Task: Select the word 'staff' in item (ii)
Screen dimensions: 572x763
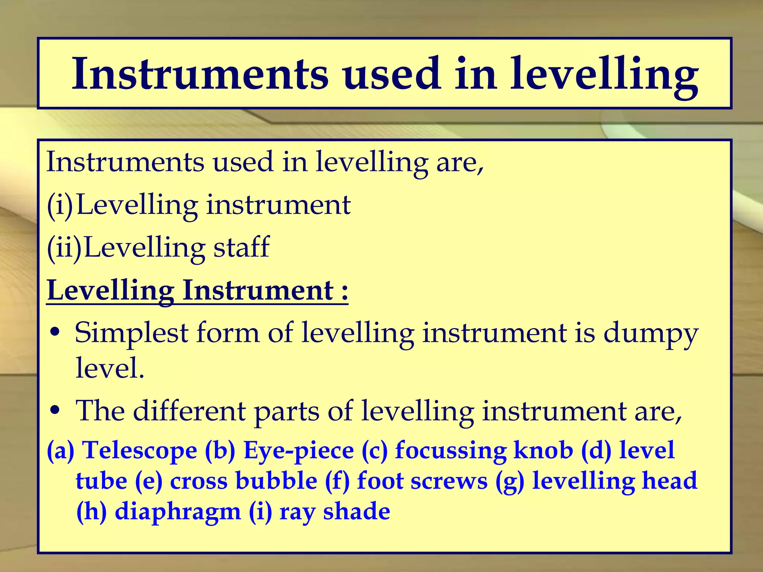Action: coord(241,247)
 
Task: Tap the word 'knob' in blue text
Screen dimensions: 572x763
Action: coord(543,450)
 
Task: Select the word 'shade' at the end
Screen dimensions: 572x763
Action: coord(357,511)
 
